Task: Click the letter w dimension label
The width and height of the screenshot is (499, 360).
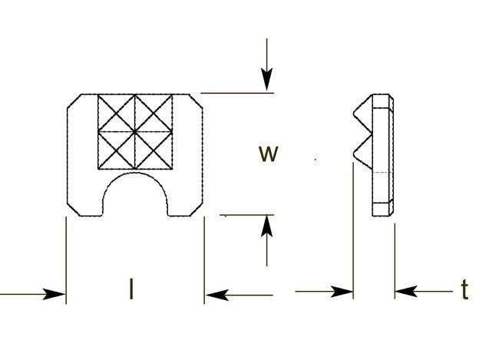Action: click(268, 154)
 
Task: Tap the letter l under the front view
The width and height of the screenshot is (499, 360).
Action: click(132, 289)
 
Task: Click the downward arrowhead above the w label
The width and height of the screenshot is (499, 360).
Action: click(266, 80)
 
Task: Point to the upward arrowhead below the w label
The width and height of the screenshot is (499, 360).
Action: click(266, 226)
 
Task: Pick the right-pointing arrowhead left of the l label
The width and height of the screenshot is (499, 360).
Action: click(55, 293)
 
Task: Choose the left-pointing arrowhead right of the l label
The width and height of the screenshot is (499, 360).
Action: click(216, 293)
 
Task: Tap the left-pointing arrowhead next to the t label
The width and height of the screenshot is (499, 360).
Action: click(405, 292)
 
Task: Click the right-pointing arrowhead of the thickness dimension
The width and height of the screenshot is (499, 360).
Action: click(342, 292)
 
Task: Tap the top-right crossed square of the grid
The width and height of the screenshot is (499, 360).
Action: click(154, 113)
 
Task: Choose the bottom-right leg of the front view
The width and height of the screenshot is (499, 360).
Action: click(185, 201)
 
